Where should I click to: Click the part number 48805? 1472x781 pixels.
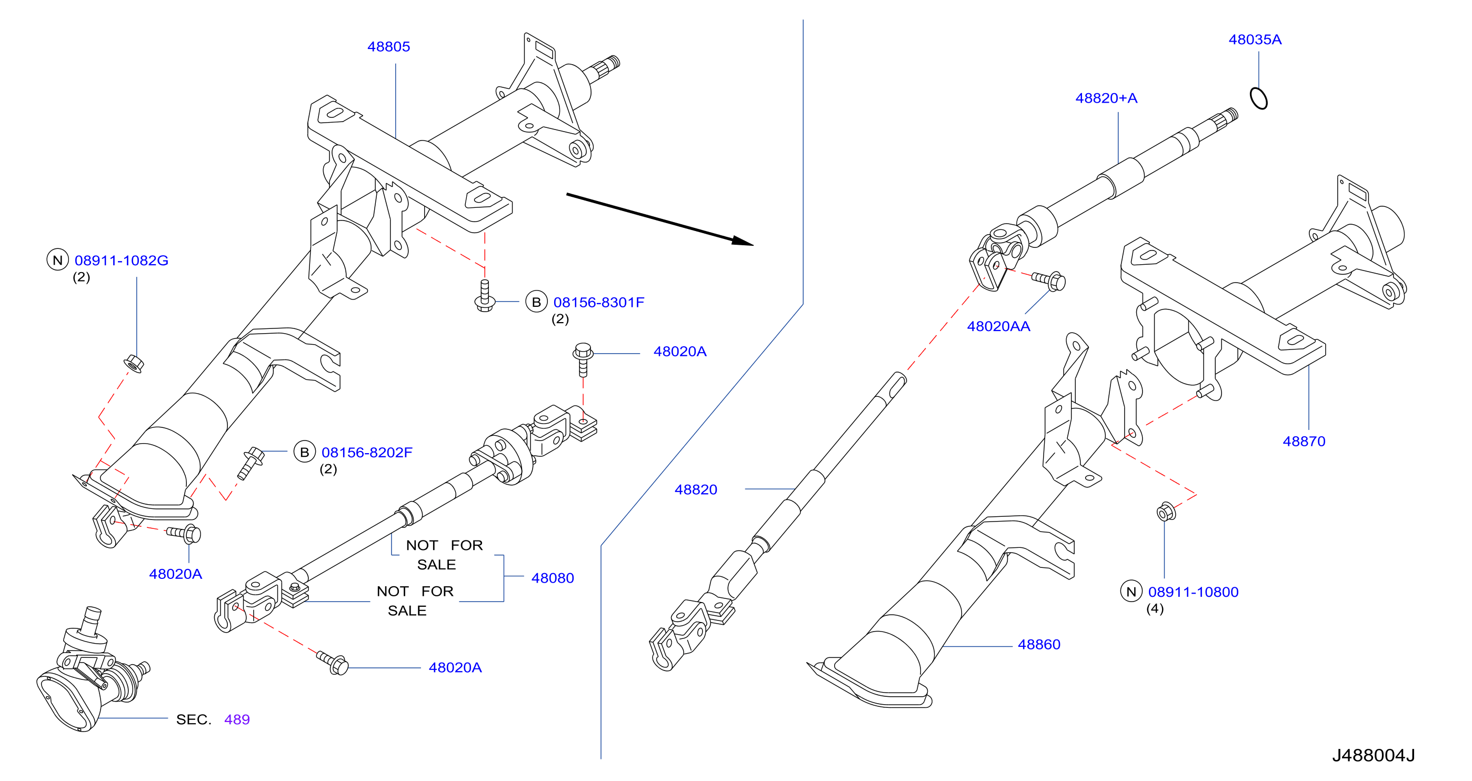point(388,47)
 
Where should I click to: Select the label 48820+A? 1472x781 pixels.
point(1106,98)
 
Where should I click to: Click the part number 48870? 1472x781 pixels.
point(1304,441)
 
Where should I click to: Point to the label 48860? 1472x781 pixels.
point(1039,645)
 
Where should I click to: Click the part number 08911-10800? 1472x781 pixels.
point(1193,592)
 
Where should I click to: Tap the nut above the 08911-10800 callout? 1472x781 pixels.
point(1166,512)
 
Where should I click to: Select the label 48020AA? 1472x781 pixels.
point(998,326)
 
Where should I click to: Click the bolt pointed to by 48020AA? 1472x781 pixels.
point(1049,280)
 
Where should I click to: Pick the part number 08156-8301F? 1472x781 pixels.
point(599,302)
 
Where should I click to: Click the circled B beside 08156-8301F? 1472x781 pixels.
point(536,302)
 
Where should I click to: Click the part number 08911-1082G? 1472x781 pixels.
point(122,261)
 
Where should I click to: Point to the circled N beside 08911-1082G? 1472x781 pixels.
point(57,261)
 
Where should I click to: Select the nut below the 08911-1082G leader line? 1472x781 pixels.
point(134,363)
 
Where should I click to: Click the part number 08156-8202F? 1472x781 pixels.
point(367,453)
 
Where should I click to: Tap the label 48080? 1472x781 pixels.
point(553,578)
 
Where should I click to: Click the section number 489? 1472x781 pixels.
point(237,719)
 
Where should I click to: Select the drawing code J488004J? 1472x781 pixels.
point(1374,755)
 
